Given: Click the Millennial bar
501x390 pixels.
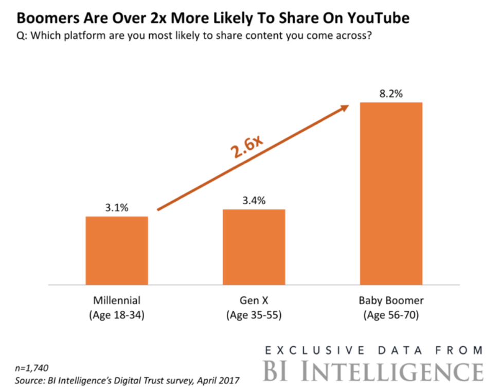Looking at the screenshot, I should pos(117,251).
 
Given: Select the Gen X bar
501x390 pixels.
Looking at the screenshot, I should pos(254,247).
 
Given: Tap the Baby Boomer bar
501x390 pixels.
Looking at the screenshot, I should pos(391,193).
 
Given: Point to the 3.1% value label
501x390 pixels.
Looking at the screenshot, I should pos(117,208).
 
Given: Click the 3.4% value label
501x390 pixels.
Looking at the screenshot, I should pos(254,201).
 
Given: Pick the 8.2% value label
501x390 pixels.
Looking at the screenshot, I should pos(391,94).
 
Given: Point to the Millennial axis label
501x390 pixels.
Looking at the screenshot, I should pos(117,300).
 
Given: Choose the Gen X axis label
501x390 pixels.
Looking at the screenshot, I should pos(254,300).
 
